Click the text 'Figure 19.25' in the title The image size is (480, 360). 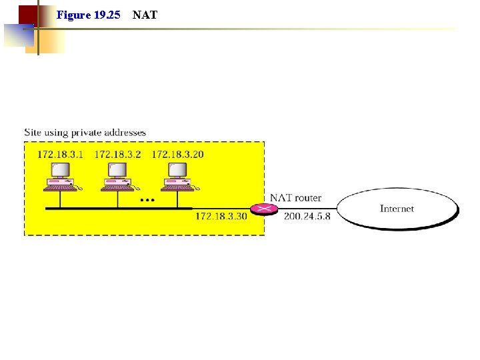coord(88,14)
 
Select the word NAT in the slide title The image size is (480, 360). coord(145,14)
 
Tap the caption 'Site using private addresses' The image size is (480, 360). coord(85,133)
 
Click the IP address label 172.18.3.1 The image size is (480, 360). coord(61,155)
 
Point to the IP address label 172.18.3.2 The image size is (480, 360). coord(118,155)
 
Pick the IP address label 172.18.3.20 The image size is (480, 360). coord(178,155)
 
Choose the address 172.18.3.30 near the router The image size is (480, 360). coord(221,216)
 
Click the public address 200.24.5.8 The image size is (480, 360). coord(307,216)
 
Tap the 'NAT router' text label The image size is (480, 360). coord(295,198)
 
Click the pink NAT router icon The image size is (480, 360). coord(265,209)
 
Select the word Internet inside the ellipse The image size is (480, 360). coord(397,209)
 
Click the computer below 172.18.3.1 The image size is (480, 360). coord(61,177)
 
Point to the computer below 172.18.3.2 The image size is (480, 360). coord(118,177)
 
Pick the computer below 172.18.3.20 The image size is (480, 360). coord(177,177)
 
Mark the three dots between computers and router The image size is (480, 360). coord(147,199)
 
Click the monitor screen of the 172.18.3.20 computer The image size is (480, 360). coord(177,170)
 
